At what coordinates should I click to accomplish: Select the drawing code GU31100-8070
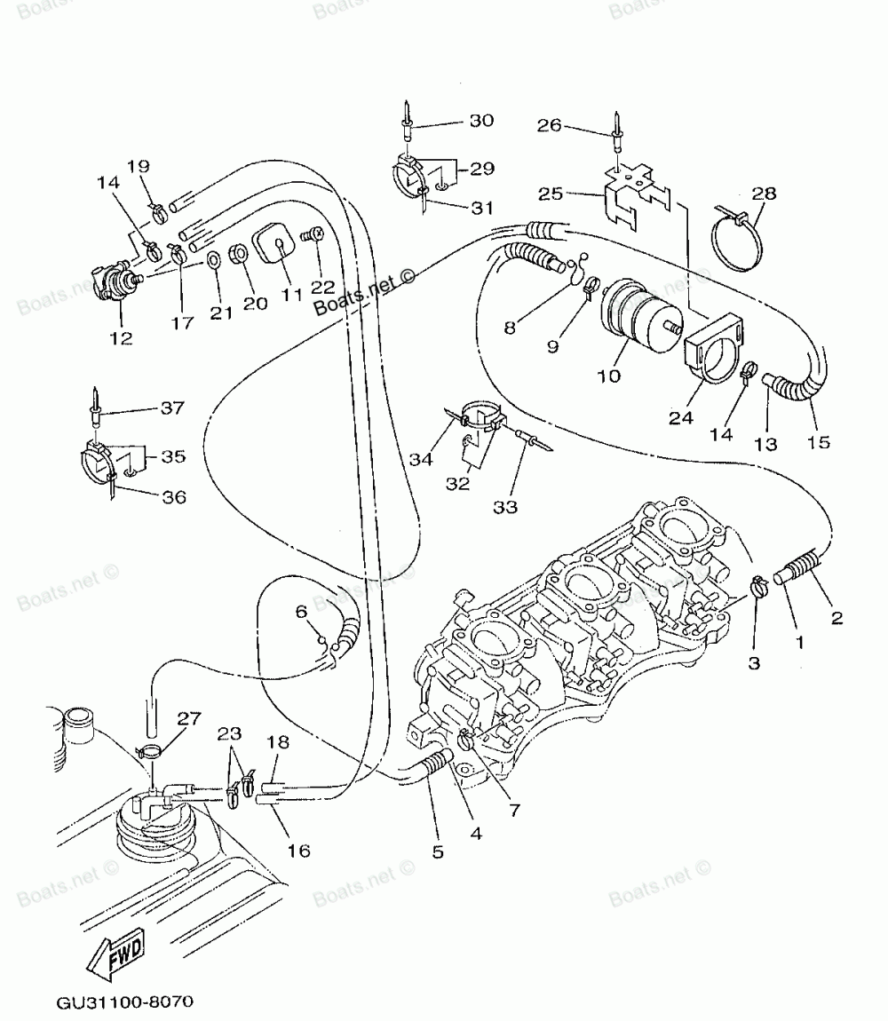click(x=124, y=1001)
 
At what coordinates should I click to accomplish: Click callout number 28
click(x=764, y=193)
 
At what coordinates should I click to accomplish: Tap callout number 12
click(x=121, y=337)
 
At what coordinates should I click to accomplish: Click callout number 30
click(x=482, y=121)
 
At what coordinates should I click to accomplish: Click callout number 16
click(x=298, y=851)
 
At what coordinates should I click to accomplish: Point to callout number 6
click(x=301, y=612)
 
